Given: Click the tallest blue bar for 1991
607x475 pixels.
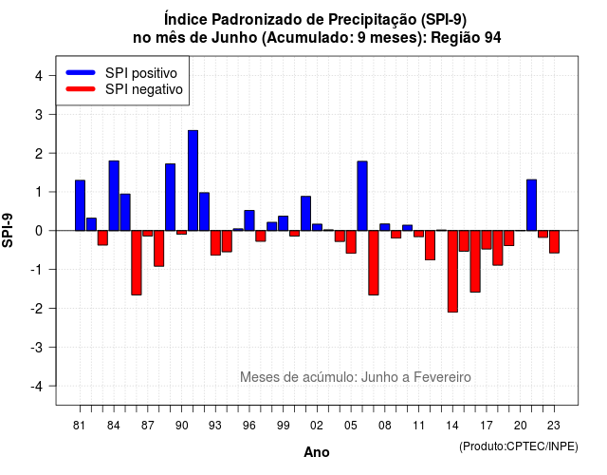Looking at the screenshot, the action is tap(193, 180).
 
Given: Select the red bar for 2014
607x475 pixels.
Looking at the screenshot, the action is tap(452, 271).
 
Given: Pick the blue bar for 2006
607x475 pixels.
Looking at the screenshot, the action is tap(362, 196).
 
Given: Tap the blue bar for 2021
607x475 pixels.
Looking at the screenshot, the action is tap(531, 205).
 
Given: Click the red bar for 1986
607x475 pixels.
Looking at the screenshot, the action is tap(137, 262).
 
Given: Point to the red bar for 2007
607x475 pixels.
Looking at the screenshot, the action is tap(374, 262).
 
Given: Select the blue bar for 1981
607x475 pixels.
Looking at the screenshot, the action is tap(80, 205).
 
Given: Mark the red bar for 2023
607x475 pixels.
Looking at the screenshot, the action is tap(554, 241).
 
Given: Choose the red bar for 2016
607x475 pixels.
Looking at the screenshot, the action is tap(475, 261).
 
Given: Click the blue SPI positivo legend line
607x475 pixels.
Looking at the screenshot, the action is tap(81, 72).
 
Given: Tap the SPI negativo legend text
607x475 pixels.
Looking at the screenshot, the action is tap(144, 89).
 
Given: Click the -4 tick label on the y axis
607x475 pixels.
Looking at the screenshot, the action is tap(37, 387).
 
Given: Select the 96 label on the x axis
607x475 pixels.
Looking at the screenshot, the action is tap(249, 426).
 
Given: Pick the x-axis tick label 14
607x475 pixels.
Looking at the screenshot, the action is tap(452, 426).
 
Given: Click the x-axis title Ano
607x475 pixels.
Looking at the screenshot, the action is tap(317, 452).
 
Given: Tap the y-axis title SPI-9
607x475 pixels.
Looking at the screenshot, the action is tap(8, 230).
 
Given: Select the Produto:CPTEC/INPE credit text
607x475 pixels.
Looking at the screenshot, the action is tap(519, 446).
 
